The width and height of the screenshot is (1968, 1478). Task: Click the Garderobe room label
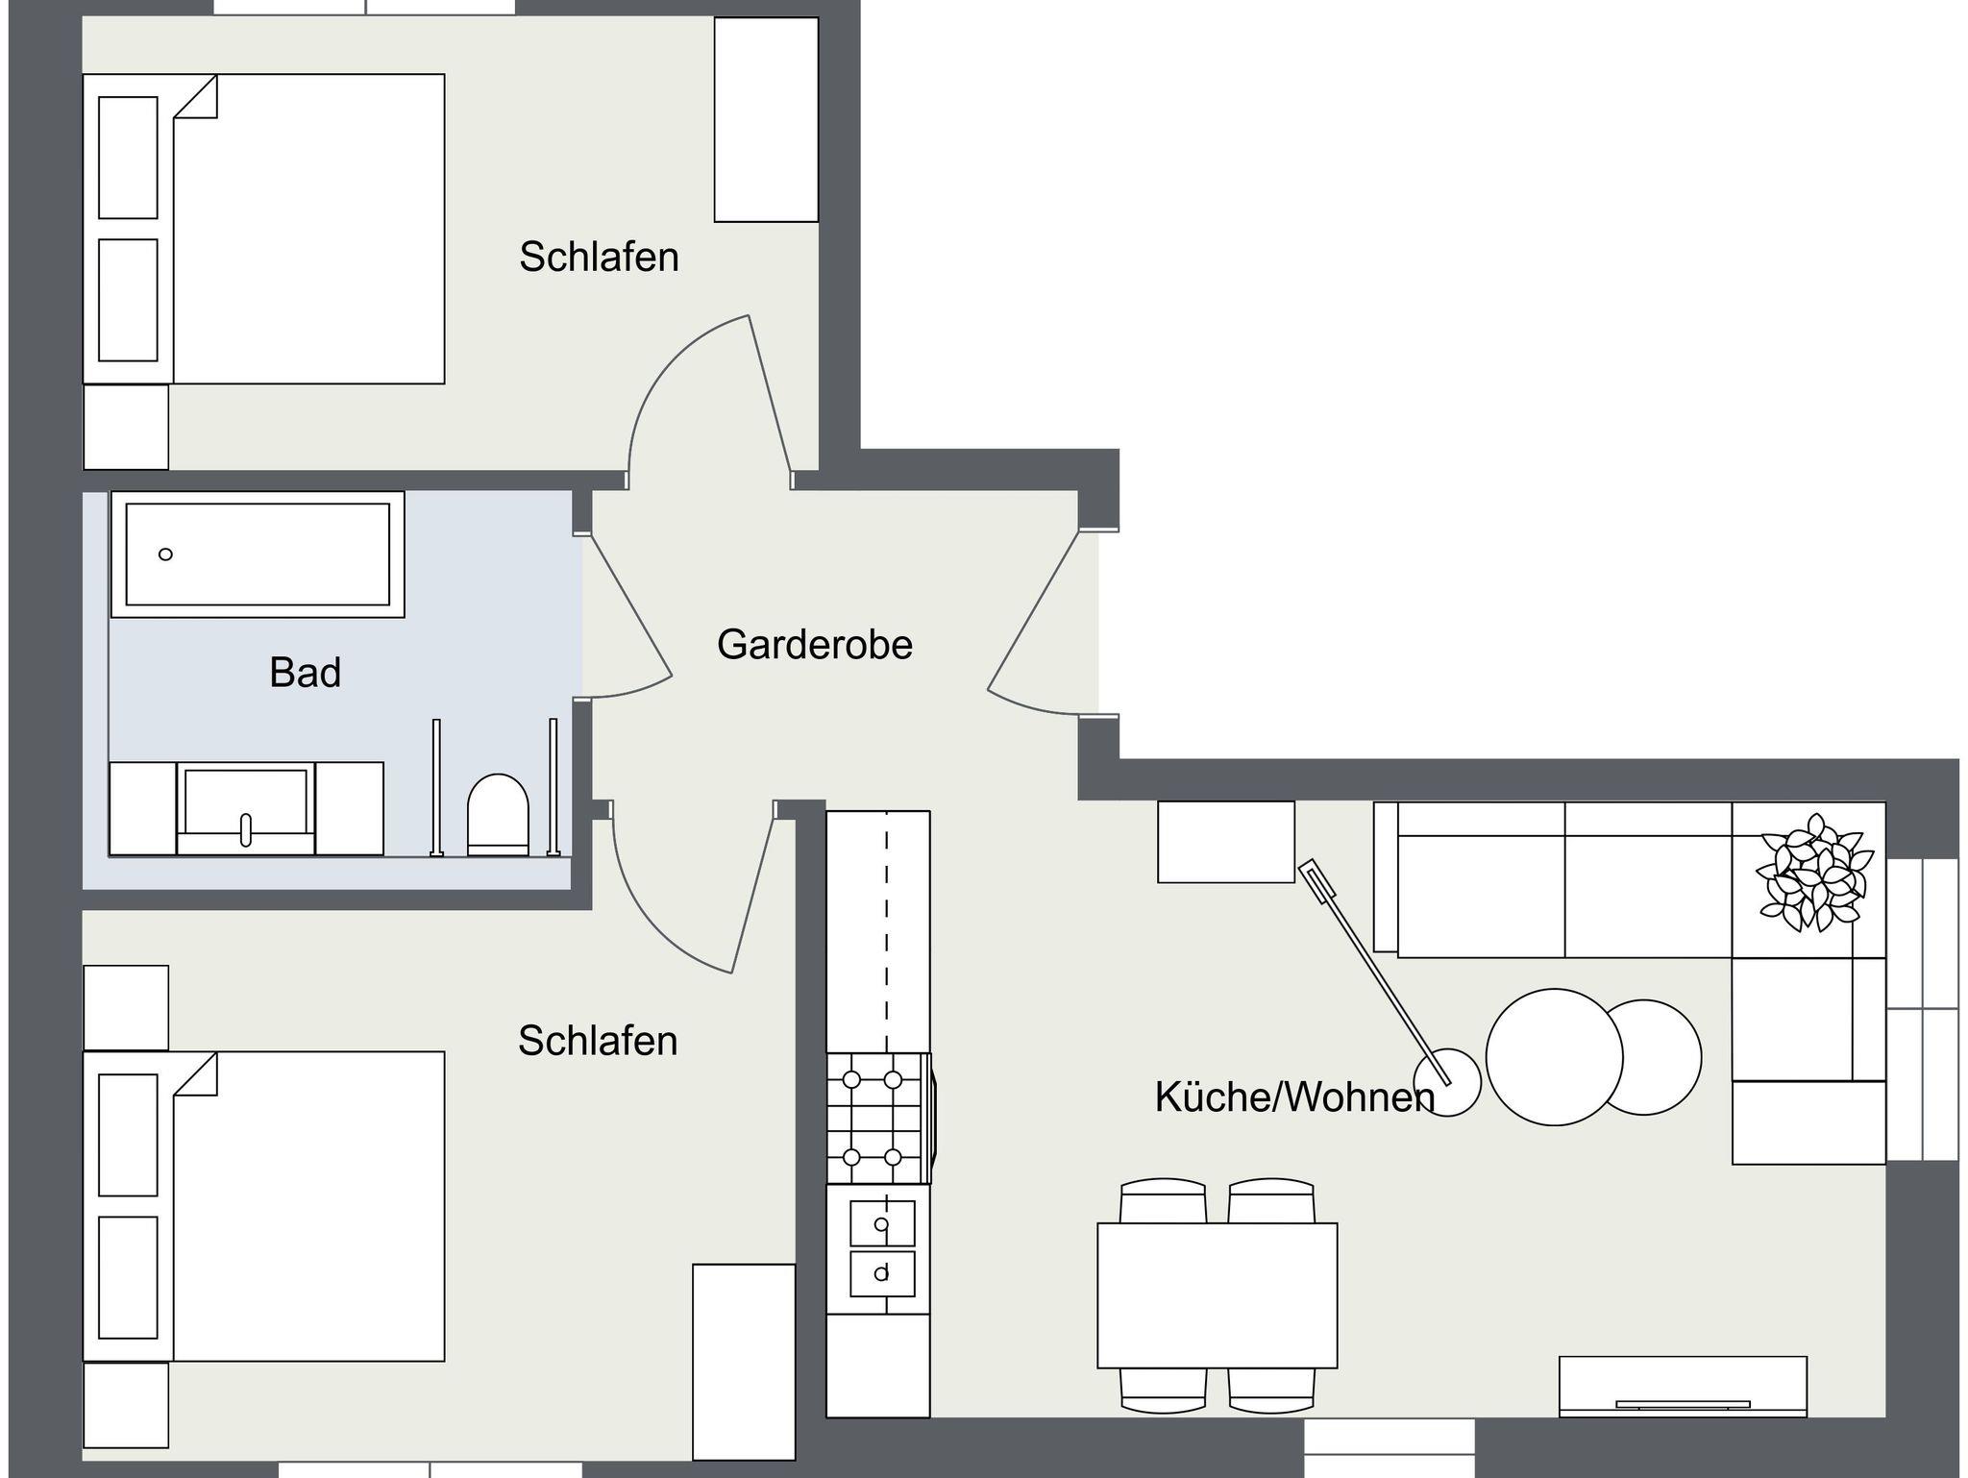pos(814,645)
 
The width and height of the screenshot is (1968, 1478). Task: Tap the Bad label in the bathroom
pos(305,673)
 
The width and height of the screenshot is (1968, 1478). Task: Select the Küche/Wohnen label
pos(1294,1097)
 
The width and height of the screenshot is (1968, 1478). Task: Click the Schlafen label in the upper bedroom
pos(599,257)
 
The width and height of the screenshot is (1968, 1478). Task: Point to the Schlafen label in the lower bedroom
pos(598,1041)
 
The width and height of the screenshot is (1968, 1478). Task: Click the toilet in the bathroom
pos(498,815)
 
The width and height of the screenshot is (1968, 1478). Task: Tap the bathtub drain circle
pos(165,554)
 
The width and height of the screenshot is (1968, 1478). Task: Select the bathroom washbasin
pos(245,808)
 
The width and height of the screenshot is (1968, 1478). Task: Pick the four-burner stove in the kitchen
pos(878,1119)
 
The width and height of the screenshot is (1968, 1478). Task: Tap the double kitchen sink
pos(881,1248)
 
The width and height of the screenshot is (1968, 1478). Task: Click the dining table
pos(1218,1294)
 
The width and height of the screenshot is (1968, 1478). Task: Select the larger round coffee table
pos(1554,1057)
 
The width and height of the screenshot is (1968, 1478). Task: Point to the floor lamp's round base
pos(1446,1082)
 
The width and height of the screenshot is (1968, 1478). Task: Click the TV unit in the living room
pos(1683,1386)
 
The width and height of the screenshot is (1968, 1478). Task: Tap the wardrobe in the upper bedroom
pos(766,119)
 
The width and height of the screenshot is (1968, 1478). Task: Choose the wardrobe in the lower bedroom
pos(744,1362)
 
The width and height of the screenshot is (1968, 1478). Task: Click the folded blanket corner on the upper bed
pos(196,97)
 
